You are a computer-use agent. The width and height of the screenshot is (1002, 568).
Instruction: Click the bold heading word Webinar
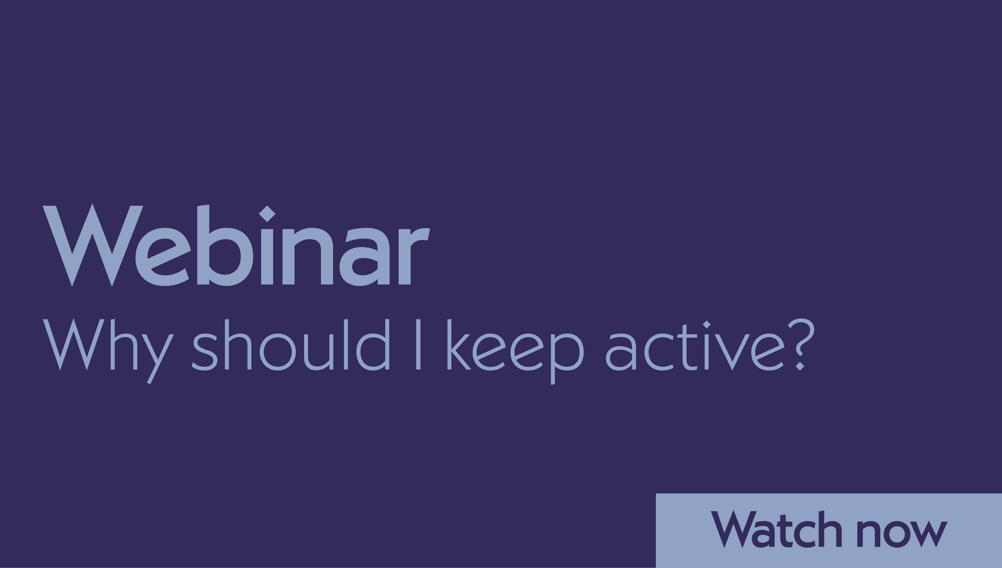coord(236,246)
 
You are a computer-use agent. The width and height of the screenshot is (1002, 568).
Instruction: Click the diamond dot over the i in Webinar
coord(267,214)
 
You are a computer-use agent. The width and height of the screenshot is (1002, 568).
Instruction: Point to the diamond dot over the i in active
coord(706,325)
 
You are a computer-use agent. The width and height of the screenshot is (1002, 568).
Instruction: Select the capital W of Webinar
coord(93,246)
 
